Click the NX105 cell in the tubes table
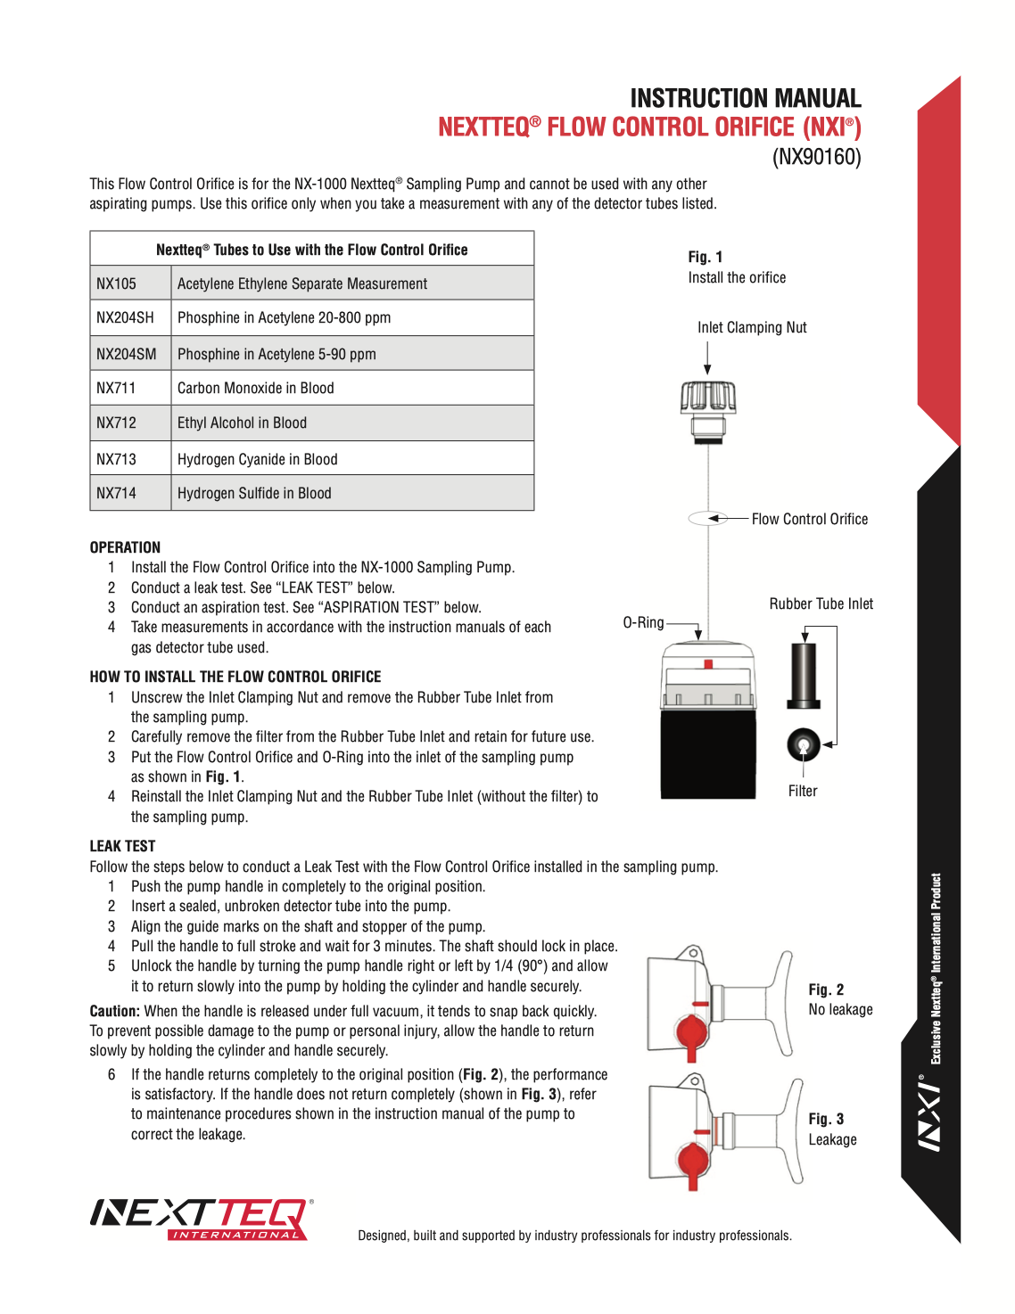(x=117, y=283)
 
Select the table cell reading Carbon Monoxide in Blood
(x=256, y=388)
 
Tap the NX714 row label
(x=117, y=493)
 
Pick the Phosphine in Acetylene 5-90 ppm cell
(x=276, y=354)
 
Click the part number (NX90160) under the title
(x=816, y=157)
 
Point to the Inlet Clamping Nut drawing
(x=708, y=410)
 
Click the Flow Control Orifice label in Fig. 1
(x=809, y=519)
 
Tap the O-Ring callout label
(x=643, y=622)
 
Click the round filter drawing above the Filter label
(x=803, y=743)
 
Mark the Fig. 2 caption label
(x=826, y=990)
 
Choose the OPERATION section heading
(x=125, y=547)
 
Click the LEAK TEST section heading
(x=122, y=846)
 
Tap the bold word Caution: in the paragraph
(x=114, y=1011)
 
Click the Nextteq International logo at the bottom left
(x=202, y=1219)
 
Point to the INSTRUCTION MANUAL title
(x=745, y=98)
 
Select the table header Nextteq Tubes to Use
(x=311, y=250)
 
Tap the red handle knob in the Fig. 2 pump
(x=690, y=1034)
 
